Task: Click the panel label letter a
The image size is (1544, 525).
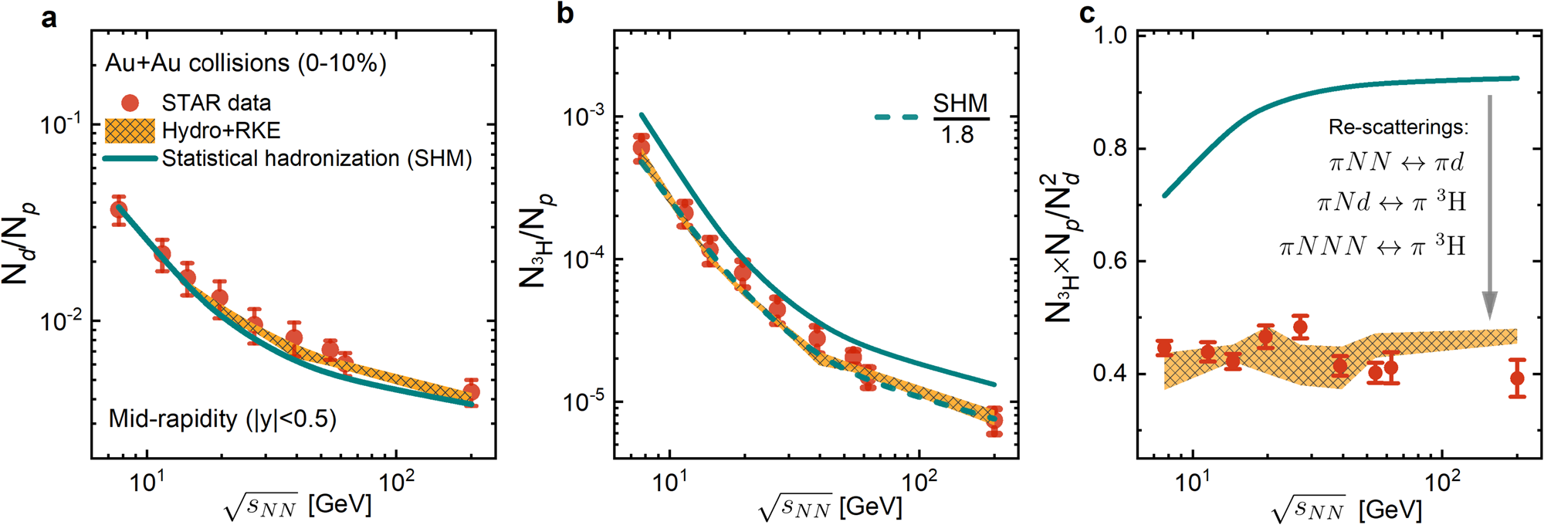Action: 49,18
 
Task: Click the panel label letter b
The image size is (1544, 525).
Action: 565,15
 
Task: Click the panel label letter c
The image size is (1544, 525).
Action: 1087,13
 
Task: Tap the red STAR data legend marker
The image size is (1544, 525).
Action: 130,103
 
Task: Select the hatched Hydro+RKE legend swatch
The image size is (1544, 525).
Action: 130,130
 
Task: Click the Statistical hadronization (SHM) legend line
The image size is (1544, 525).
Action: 130,159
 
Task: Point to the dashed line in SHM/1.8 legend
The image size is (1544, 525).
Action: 896,117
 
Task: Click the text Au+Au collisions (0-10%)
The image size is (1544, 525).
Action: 245,63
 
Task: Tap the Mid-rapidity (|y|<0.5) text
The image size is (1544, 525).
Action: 222,418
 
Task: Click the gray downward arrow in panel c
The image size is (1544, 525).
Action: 1489,208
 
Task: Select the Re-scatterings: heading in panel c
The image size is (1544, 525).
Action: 1397,127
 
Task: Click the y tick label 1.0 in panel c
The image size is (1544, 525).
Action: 1109,36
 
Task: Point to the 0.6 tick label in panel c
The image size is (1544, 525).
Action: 1109,261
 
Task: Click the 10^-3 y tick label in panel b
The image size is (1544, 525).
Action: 584,117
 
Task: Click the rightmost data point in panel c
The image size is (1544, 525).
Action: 1517,378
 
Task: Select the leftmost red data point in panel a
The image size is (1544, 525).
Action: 119,209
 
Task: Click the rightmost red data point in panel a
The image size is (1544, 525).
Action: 471,391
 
